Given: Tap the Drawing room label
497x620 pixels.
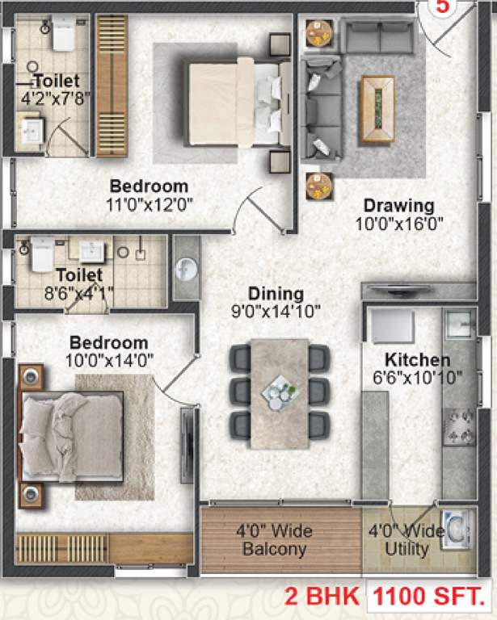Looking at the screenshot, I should [398, 205].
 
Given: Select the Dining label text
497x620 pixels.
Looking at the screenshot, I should [276, 294].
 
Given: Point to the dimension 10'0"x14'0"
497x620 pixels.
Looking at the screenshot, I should [108, 359].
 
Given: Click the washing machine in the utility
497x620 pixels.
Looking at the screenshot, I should [457, 528].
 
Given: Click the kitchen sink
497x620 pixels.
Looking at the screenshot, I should [457, 322].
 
